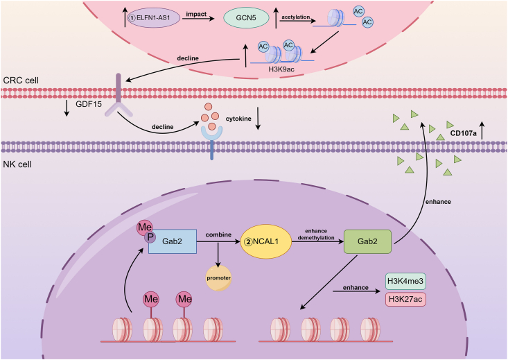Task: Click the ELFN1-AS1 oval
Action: pyautogui.click(x=153, y=17)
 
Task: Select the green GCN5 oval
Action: pyautogui.click(x=246, y=17)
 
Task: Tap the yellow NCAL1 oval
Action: pyautogui.click(x=265, y=241)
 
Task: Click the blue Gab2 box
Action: pyautogui.click(x=173, y=241)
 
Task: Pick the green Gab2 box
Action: pyautogui.click(x=367, y=241)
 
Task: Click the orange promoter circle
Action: pyautogui.click(x=219, y=278)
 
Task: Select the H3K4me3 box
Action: pyautogui.click(x=405, y=281)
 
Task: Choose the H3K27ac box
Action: pyautogui.click(x=405, y=299)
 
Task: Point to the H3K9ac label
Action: pyautogui.click(x=281, y=69)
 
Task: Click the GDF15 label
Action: pyautogui.click(x=89, y=104)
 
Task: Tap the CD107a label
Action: pyautogui.click(x=463, y=133)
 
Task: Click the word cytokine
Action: pyautogui.click(x=238, y=119)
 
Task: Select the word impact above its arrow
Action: pyautogui.click(x=196, y=14)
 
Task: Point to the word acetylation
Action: pyautogui.click(x=295, y=17)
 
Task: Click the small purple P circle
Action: pyautogui.click(x=150, y=237)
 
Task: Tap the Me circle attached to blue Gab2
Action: pyautogui.click(x=144, y=228)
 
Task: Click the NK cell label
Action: pyautogui.click(x=17, y=164)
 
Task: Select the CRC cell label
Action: pyautogui.click(x=21, y=80)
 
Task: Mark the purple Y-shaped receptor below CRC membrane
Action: pyautogui.click(x=119, y=95)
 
